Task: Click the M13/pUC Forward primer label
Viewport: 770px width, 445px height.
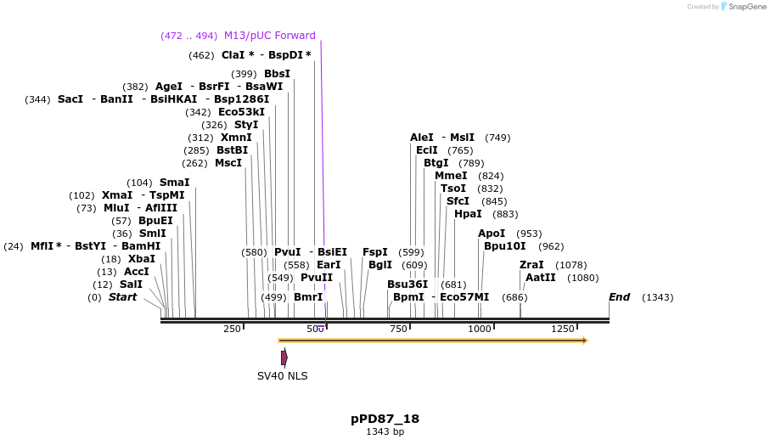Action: pos(269,36)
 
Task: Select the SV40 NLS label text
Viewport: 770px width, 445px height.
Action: pos(283,375)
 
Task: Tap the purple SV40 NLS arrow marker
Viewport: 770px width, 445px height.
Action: pos(284,358)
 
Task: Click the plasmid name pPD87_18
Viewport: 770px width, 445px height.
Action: pos(385,419)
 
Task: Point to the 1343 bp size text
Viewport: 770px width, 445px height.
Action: pos(385,431)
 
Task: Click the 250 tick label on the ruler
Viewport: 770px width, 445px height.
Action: pos(232,329)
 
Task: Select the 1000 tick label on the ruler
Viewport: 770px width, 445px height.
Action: pos(480,329)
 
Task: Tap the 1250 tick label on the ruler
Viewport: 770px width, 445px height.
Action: pos(563,329)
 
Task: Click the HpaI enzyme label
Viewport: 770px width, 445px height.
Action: pos(468,214)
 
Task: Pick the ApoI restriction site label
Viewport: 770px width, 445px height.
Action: pos(492,234)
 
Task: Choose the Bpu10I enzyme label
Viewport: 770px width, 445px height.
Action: pos(505,246)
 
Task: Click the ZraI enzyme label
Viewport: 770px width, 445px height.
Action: pos(531,265)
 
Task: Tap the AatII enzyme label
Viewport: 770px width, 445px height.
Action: pos(541,278)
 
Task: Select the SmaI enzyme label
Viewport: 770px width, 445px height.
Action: pos(174,183)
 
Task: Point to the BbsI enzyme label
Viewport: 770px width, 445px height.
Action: pos(277,74)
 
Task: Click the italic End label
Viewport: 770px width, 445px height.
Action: pos(619,296)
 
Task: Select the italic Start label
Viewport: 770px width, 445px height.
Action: pos(122,296)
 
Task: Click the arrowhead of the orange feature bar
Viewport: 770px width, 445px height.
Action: pos(584,341)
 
